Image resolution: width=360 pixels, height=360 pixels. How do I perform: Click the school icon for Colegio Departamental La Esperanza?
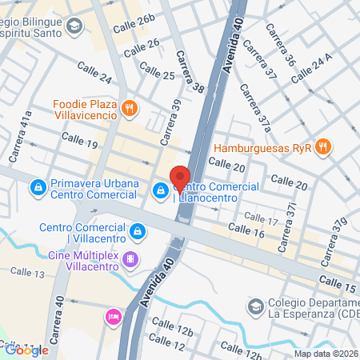(x=255, y=306)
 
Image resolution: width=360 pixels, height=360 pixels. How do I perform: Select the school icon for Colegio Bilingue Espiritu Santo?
(x=75, y=27)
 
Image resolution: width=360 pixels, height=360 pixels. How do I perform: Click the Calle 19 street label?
(x=82, y=145)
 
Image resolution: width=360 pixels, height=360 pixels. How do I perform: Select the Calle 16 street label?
(x=246, y=231)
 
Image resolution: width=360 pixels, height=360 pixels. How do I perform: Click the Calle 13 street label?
(x=27, y=274)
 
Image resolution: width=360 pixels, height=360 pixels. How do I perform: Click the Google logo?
(x=27, y=350)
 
